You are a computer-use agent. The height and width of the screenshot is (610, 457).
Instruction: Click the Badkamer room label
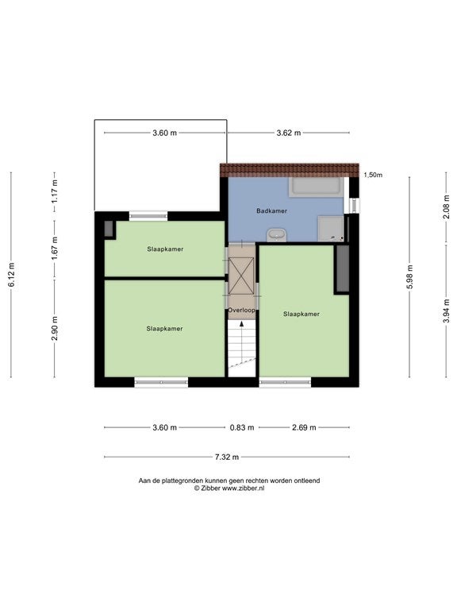click(x=271, y=210)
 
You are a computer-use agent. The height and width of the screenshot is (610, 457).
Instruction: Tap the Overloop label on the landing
click(x=241, y=310)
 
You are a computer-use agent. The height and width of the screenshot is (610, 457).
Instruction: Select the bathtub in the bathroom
click(x=316, y=187)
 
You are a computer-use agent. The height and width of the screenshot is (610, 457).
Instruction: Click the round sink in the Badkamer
click(x=276, y=235)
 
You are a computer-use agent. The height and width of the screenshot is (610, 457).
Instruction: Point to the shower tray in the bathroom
click(x=331, y=229)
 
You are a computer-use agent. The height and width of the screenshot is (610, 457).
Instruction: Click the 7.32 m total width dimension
click(x=227, y=457)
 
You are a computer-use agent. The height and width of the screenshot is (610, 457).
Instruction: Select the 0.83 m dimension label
click(x=242, y=427)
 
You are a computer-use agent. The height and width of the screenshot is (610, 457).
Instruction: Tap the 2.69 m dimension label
click(x=304, y=427)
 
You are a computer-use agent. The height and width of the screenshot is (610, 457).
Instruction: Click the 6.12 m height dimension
click(x=12, y=275)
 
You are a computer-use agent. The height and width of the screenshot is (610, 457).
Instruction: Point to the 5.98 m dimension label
click(x=410, y=276)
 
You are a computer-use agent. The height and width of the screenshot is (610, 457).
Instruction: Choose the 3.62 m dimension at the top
click(x=288, y=133)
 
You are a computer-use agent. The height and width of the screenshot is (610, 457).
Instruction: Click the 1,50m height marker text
click(x=373, y=175)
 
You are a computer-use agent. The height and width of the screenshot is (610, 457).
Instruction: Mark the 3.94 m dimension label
click(x=447, y=311)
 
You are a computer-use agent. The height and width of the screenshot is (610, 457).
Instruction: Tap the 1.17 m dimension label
click(x=55, y=191)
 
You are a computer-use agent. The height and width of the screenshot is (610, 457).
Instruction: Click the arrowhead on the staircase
click(x=242, y=324)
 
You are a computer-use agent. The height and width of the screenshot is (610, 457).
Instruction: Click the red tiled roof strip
click(x=290, y=171)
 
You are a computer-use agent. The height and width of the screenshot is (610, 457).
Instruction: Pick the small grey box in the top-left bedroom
click(x=109, y=229)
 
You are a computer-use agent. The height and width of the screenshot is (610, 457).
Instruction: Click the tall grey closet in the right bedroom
click(x=343, y=268)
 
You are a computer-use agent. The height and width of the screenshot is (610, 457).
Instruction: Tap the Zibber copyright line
click(x=229, y=488)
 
